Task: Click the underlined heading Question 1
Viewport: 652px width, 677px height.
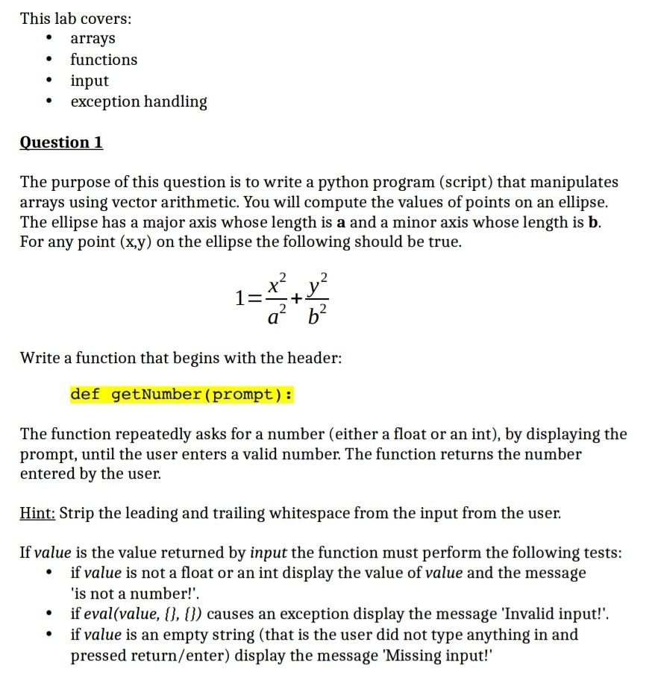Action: click(x=61, y=142)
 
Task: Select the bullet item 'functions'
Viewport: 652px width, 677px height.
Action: click(x=104, y=60)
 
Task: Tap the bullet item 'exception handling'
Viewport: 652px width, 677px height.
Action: click(x=139, y=101)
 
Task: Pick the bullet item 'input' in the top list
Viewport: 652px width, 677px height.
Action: click(x=90, y=81)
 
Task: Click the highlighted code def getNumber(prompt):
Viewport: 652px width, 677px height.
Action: click(x=181, y=394)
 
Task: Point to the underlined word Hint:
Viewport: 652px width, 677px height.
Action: click(x=37, y=514)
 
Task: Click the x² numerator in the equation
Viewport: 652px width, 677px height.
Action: click(x=276, y=284)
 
